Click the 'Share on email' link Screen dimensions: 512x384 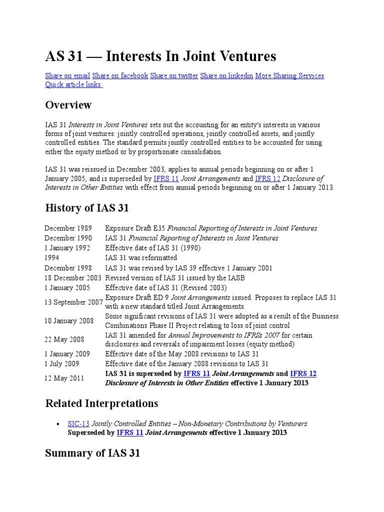pyautogui.click(x=67, y=76)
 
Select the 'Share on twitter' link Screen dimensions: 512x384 pyautogui.click(x=174, y=76)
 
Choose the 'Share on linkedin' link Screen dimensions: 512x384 pyautogui.click(x=226, y=76)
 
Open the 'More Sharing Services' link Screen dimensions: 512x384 pyautogui.click(x=289, y=76)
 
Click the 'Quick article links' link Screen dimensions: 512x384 pyautogui.click(x=73, y=84)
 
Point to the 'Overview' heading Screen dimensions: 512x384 pyautogui.click(x=68, y=105)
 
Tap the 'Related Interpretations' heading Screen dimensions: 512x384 pyautogui.click(x=101, y=403)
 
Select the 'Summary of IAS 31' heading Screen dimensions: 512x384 pyautogui.click(x=92, y=453)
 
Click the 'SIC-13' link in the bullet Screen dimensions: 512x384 pyautogui.click(x=78, y=423)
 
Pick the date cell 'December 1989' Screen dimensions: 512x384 pyautogui.click(x=68, y=228)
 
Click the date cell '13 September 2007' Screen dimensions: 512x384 pyautogui.click(x=73, y=302)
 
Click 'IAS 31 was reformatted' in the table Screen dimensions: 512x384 pyautogui.click(x=141, y=258)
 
